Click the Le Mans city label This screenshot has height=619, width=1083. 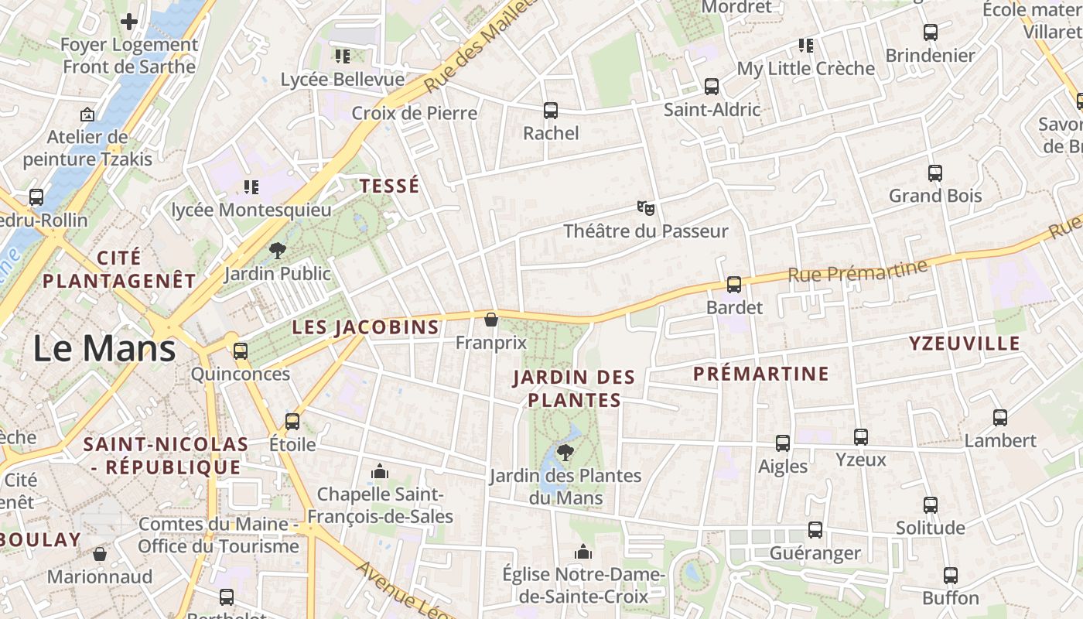[104, 348]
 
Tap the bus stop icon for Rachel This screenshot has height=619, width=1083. [551, 111]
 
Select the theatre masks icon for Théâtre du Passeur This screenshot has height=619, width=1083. [646, 207]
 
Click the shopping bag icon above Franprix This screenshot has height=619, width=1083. [490, 320]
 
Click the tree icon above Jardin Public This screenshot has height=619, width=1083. [277, 251]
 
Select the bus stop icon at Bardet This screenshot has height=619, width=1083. [734, 285]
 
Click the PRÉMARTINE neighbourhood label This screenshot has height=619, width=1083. [760, 374]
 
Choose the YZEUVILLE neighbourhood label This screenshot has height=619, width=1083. [965, 344]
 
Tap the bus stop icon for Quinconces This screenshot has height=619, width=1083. [241, 351]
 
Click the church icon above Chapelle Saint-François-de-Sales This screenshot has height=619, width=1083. [379, 471]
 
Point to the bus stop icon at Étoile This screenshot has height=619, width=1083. [292, 422]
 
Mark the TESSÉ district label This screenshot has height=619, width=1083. [390, 186]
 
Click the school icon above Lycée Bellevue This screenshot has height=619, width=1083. [342, 56]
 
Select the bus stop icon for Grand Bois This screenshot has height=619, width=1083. [935, 173]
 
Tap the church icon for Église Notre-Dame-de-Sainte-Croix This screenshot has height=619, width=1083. [583, 552]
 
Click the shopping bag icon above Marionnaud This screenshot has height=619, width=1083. [100, 554]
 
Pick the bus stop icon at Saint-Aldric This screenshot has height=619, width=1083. [712, 87]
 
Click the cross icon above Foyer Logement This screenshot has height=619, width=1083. [129, 22]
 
